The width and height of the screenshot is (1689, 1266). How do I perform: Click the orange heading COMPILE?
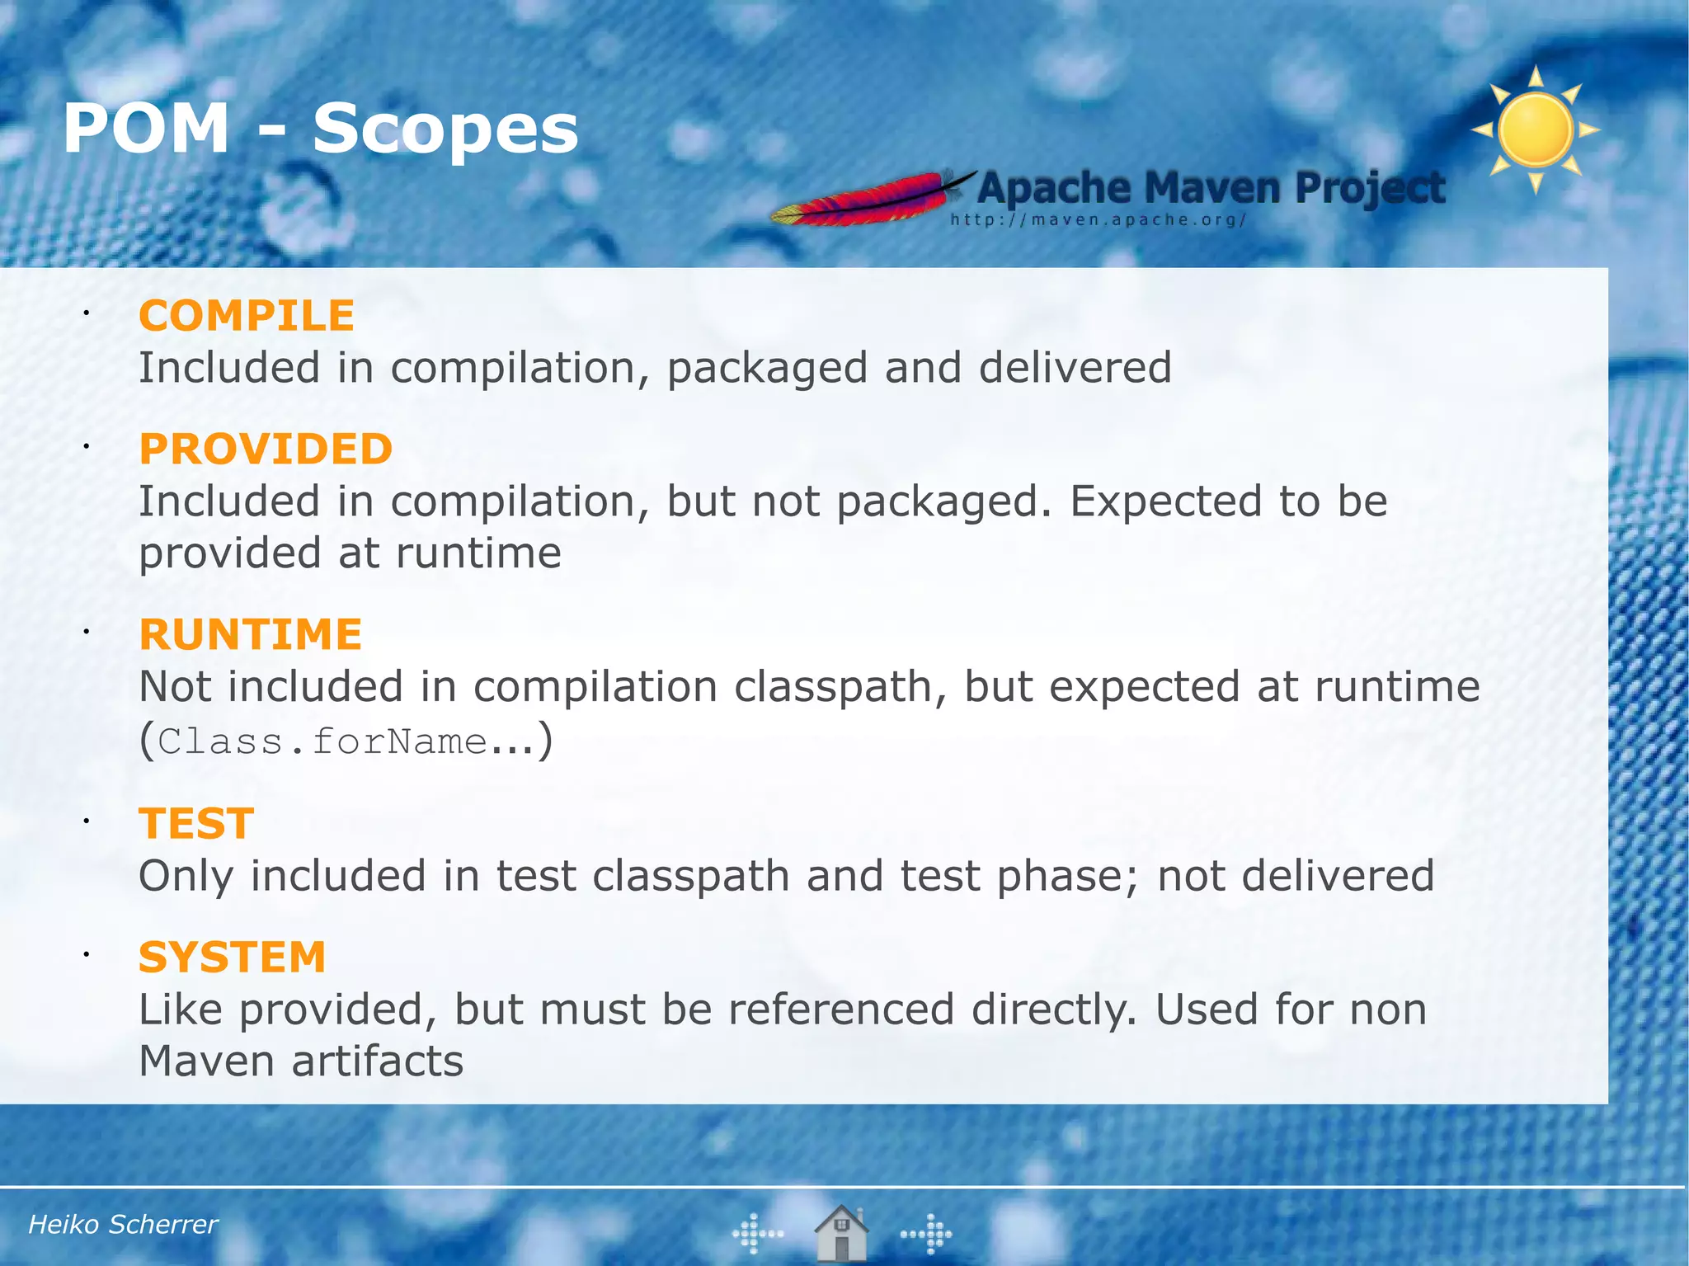[246, 316]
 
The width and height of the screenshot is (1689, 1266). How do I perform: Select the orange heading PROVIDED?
[266, 449]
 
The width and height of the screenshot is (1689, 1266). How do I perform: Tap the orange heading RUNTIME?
[250, 634]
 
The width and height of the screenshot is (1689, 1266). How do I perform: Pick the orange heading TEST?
[196, 824]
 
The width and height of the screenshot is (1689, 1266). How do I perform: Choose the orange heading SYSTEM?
[232, 958]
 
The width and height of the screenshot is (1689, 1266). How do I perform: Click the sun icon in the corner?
[1535, 129]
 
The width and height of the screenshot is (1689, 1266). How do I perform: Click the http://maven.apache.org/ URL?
[1098, 220]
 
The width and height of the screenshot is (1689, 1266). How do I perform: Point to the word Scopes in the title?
[445, 129]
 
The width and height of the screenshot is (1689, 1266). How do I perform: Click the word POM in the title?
[146, 129]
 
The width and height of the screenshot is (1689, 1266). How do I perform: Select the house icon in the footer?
[840, 1233]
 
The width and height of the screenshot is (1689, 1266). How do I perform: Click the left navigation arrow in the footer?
[757, 1234]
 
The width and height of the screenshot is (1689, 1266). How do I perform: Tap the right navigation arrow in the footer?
[927, 1234]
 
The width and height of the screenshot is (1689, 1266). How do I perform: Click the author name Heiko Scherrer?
[123, 1225]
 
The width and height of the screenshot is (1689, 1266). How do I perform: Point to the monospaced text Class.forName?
[322, 741]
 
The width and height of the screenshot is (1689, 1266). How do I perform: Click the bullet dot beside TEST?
[85, 821]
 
